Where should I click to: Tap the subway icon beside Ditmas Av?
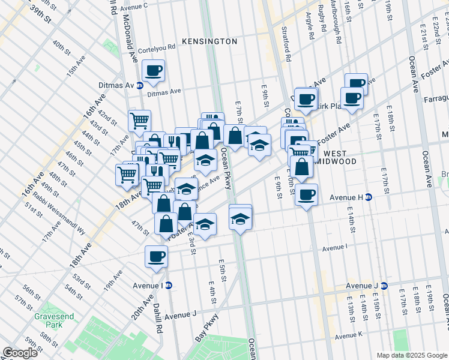tap(140, 86)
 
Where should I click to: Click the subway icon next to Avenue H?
tap(369, 197)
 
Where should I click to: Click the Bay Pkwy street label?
tap(205, 329)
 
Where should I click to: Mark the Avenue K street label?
tap(349, 335)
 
